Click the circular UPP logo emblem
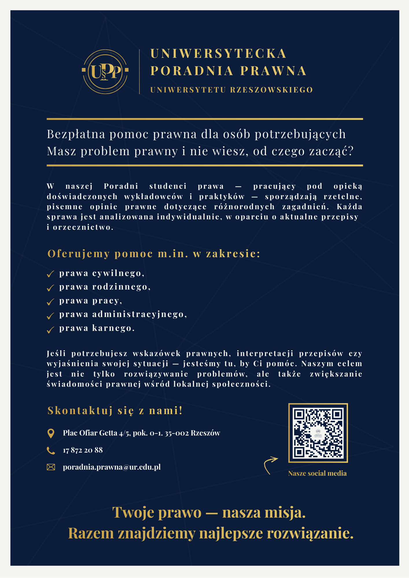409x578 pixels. [105, 72]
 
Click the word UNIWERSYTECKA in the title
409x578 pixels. [218, 54]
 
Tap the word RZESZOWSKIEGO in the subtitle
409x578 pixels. [271, 90]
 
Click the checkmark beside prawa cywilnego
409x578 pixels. [51, 274]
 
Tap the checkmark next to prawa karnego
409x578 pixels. [51, 329]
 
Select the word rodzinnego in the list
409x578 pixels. [121, 287]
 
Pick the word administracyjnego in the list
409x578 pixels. [139, 314]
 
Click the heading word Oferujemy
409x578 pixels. [79, 253]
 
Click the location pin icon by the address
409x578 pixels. [51, 433]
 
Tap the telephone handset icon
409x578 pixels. [51, 450]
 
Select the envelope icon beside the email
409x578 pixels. [51, 467]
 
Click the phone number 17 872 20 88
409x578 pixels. [83, 450]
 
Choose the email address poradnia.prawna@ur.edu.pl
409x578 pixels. [112, 467]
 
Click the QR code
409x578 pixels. [318, 433]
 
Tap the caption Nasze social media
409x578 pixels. [317, 473]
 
